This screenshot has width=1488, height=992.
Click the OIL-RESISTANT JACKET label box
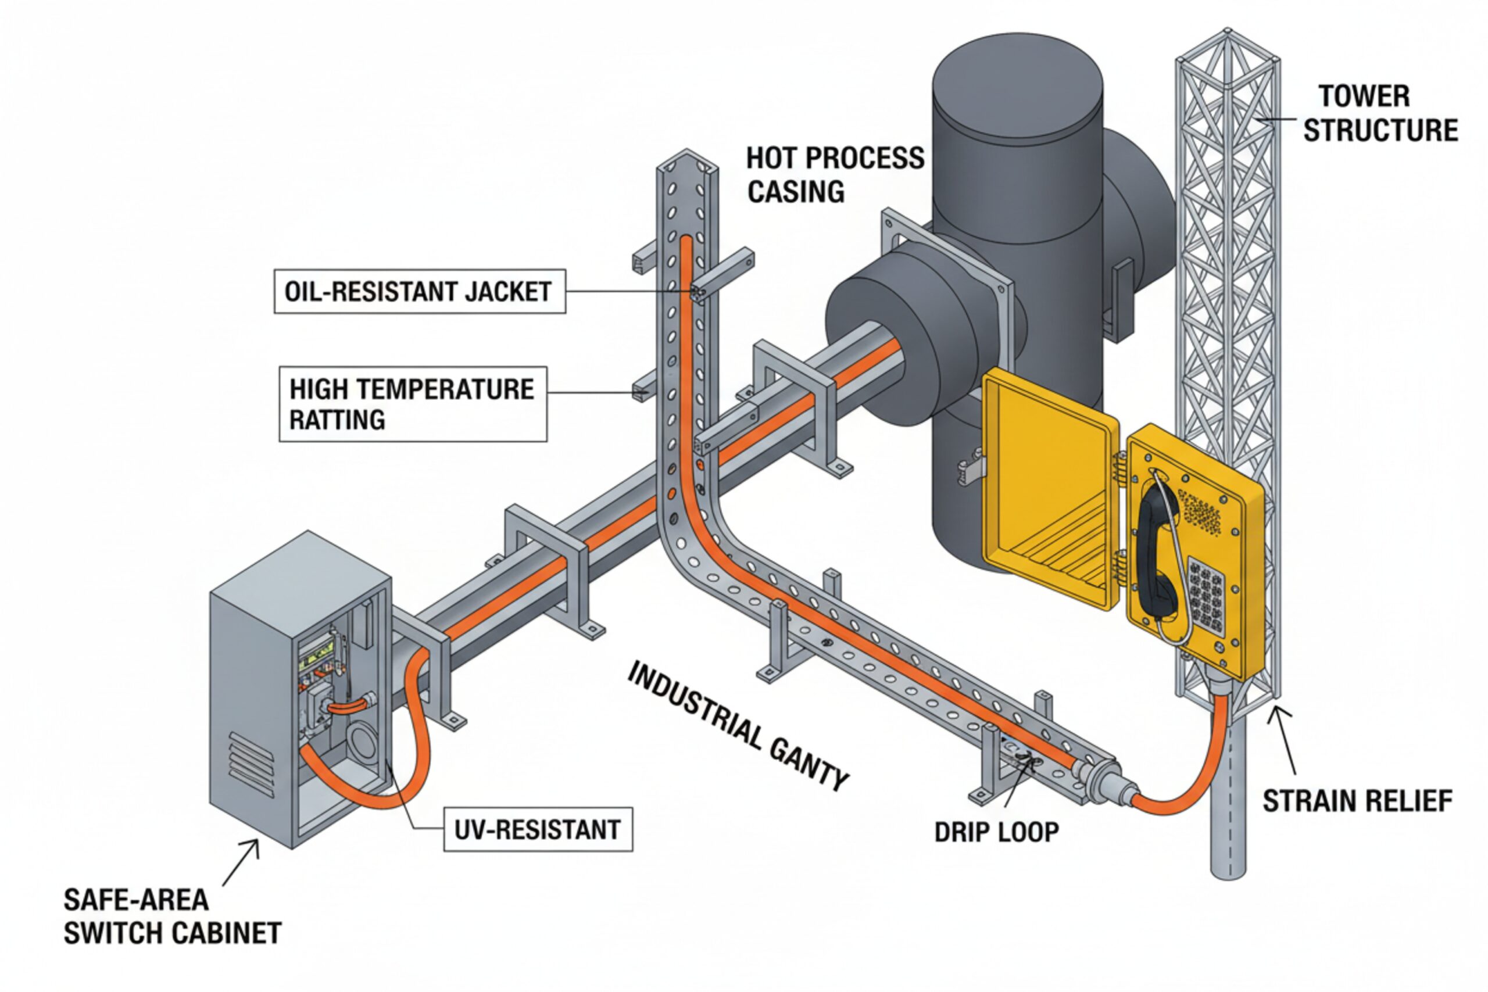[420, 291]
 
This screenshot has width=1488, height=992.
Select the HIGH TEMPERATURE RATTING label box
[413, 404]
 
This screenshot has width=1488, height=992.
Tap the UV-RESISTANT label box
[538, 829]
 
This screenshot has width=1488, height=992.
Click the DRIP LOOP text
[996, 832]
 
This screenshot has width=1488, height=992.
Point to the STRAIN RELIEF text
[1357, 801]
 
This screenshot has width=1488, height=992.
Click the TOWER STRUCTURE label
[1379, 113]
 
